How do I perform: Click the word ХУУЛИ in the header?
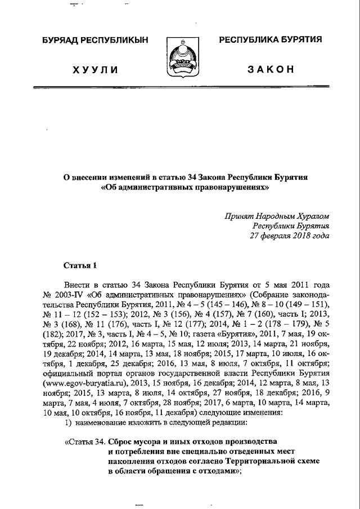pyautogui.click(x=95, y=70)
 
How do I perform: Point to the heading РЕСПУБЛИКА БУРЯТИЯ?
pyautogui.click(x=270, y=39)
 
